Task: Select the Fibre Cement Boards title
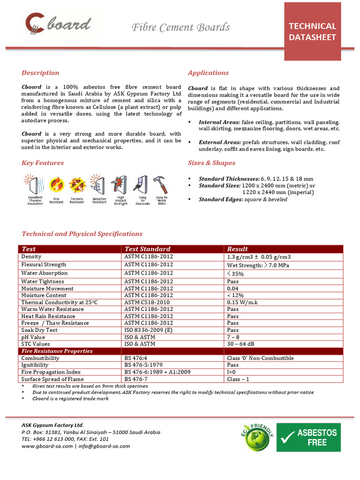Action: pos(180,27)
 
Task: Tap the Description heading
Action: pos(40,73)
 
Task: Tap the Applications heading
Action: pos(208,73)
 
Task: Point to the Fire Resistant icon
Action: pos(57,185)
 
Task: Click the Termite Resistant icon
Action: pos(77,185)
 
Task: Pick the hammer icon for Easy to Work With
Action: pos(161,185)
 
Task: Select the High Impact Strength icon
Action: pos(120,185)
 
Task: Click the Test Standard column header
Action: pos(147,249)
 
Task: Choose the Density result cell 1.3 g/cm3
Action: pos(259,257)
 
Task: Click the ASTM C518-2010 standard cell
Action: pos(148,302)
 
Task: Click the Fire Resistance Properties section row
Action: pos(57,351)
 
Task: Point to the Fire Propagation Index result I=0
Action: pos(232,372)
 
